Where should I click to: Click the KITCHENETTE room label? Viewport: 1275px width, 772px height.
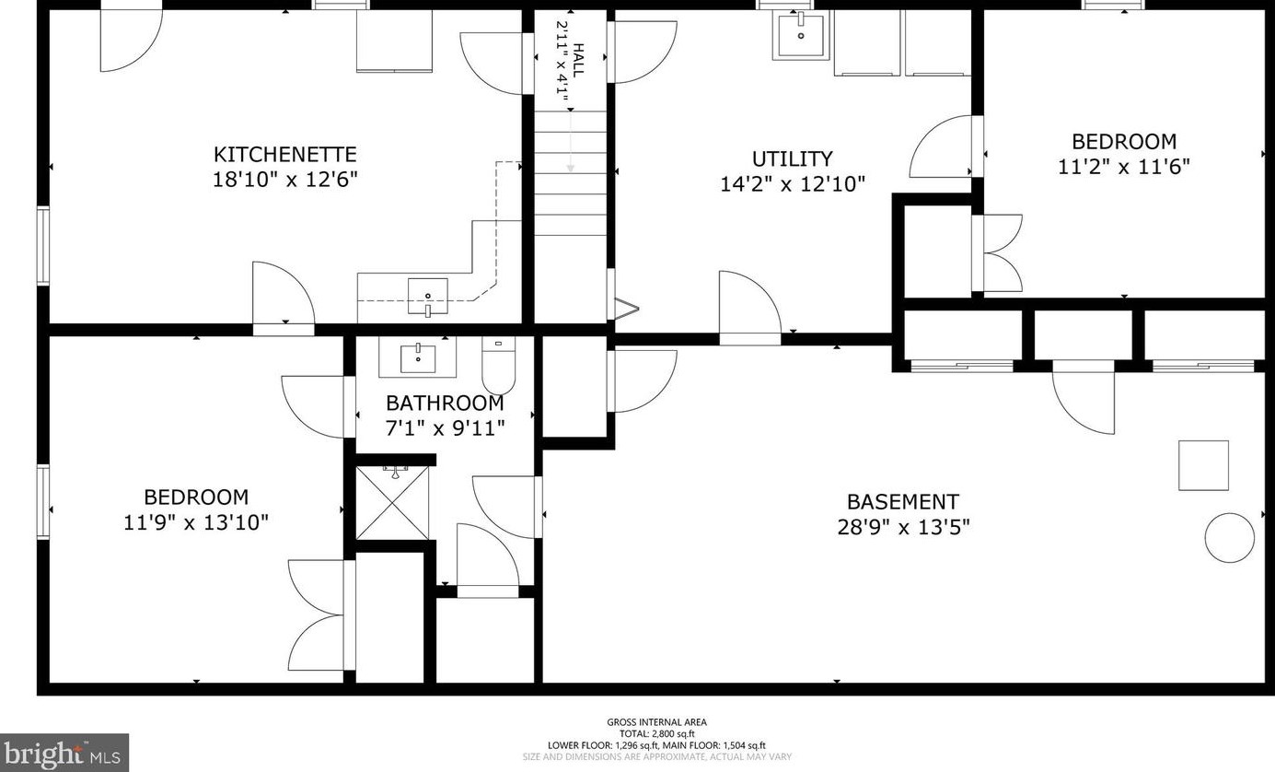tap(285, 155)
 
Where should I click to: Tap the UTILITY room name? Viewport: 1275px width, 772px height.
tap(793, 158)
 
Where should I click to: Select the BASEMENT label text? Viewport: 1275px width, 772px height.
tap(903, 502)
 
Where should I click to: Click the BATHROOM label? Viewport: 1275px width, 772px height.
tap(445, 404)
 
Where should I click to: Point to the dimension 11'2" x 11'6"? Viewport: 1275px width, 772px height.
tap(1124, 167)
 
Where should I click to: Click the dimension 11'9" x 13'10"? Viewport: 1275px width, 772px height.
tap(196, 522)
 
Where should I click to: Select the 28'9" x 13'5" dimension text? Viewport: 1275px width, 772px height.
tap(903, 527)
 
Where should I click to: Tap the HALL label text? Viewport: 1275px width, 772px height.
tap(578, 60)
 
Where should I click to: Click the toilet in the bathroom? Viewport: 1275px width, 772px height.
tap(499, 365)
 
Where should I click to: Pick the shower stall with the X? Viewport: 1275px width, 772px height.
tap(392, 502)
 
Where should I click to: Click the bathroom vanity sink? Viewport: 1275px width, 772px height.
tap(418, 357)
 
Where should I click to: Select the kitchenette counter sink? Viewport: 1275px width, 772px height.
tap(427, 297)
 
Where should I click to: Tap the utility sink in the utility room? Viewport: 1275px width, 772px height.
tap(800, 35)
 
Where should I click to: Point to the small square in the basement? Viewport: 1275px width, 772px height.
tap(1203, 465)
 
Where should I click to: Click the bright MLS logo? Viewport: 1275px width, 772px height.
tap(64, 754)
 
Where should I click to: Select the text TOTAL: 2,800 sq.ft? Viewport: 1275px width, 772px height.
tap(657, 734)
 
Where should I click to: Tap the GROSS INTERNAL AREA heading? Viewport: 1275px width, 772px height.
tap(657, 722)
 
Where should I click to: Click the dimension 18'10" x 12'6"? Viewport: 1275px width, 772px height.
tap(285, 180)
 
